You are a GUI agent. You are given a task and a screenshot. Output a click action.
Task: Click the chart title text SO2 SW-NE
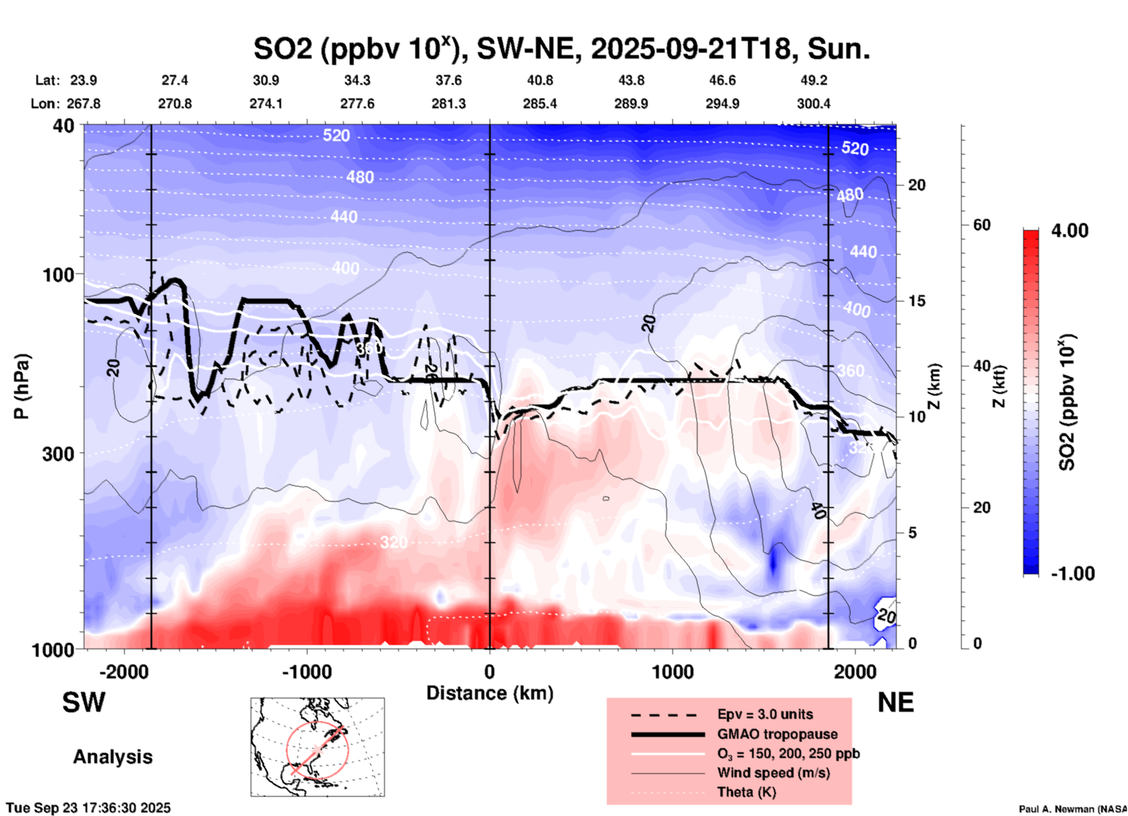point(561,49)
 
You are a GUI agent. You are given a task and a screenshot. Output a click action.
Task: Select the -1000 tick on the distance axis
point(307,672)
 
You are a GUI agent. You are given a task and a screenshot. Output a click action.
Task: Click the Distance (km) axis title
point(490,693)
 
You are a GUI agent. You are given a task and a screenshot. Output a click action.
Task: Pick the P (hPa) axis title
point(22,386)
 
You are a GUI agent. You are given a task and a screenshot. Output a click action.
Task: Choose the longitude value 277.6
point(357,104)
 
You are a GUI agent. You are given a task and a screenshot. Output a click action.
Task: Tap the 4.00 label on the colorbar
point(1069,231)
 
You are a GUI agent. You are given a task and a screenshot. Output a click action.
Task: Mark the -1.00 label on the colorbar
point(1072,574)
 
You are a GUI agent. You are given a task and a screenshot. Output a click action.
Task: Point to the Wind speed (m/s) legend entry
point(773,773)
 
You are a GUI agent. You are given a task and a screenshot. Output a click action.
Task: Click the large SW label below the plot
point(84,702)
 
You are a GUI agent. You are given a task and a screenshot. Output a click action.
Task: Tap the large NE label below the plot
point(895,702)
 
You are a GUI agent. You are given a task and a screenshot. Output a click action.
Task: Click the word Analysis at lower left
point(112,757)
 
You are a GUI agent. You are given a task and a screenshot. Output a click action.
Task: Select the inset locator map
point(317,747)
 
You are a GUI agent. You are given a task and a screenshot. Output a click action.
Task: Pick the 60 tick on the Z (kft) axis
point(982,225)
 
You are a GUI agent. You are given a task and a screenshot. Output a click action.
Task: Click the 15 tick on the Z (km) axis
point(917,301)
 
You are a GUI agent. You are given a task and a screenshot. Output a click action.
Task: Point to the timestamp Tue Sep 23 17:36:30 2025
point(88,808)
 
